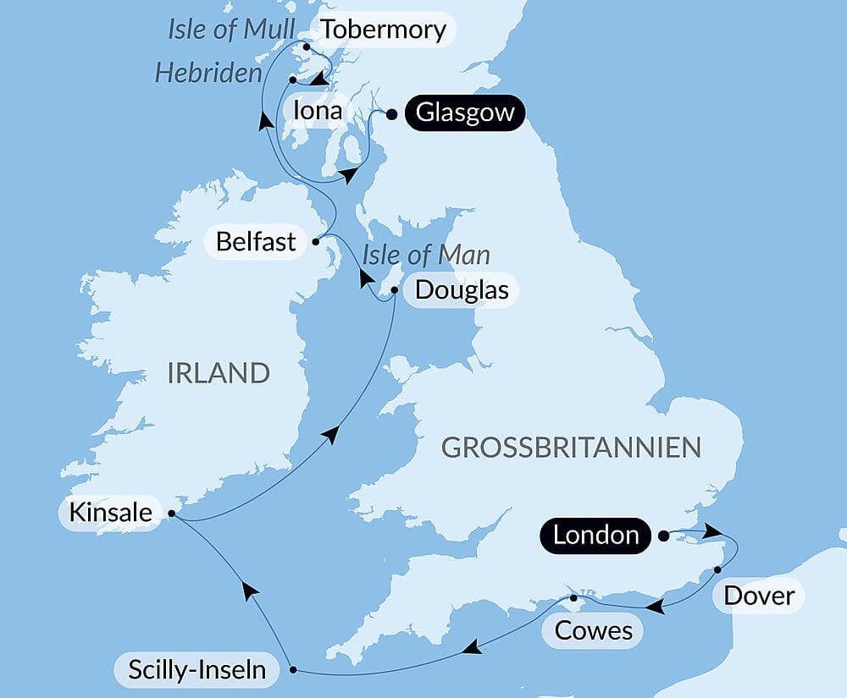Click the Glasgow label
tap(465, 113)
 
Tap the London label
tap(595, 535)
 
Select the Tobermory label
tap(384, 30)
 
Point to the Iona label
tap(316, 111)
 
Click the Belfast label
tap(256, 242)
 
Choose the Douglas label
tap(462, 291)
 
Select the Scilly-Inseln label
tap(197, 671)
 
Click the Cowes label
tap(593, 631)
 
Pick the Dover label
tap(759, 596)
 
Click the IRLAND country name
tap(219, 372)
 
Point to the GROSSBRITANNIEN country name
tap(572, 448)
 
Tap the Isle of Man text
tap(426, 255)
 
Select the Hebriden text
tap(208, 74)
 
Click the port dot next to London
tap(663, 536)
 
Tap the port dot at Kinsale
tap(171, 513)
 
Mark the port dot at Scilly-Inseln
tap(293, 670)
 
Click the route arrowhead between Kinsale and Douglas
tap(332, 435)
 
